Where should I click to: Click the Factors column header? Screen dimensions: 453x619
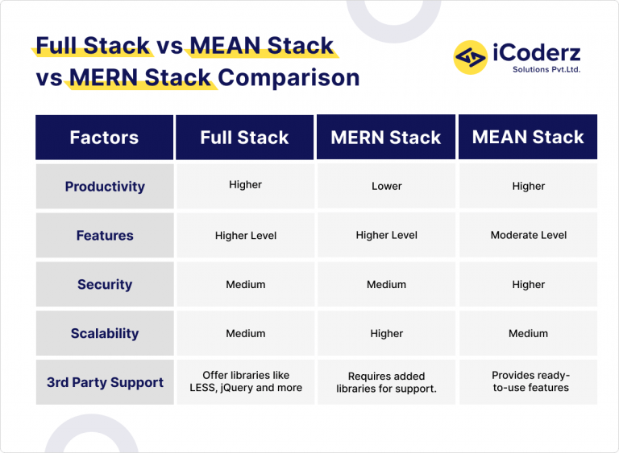point(104,138)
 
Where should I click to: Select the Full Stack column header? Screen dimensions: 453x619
point(244,138)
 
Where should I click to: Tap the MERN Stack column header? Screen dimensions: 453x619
point(386,138)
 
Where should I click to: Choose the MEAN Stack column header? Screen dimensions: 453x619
point(528,138)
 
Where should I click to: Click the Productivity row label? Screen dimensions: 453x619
point(105,187)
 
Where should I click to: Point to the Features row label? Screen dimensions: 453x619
point(105,236)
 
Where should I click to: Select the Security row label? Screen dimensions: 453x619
point(105,285)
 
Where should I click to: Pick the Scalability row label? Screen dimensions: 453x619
point(105,334)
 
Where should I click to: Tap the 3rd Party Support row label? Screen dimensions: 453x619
point(105,382)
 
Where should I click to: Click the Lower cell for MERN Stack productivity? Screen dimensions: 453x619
point(386,187)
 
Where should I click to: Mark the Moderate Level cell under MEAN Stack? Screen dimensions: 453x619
point(528,236)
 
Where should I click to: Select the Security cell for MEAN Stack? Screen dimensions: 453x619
point(528,285)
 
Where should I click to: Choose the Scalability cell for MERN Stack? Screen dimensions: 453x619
point(386,334)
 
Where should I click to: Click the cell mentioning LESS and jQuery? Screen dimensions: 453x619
point(245,382)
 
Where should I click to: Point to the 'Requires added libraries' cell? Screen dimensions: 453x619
point(386,382)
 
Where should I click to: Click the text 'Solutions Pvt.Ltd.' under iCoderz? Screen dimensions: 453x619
point(546,70)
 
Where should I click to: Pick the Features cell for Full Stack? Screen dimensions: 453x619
point(245,236)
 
